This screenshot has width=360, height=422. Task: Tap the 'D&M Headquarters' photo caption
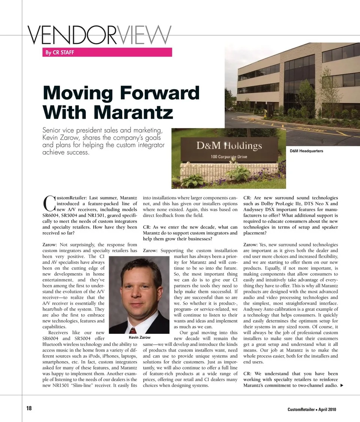(306, 151)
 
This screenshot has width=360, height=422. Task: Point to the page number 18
(29, 408)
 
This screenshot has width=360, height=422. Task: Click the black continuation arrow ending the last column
(341, 386)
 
